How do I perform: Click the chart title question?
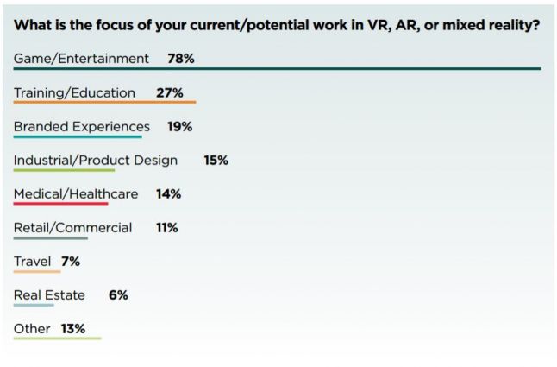coord(277,25)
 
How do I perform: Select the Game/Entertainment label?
coord(81,59)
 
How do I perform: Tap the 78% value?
coord(181,59)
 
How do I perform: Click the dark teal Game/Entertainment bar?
coord(277,69)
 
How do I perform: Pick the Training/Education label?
coord(74,92)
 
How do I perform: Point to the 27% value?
coord(170,92)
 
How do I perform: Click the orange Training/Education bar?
coord(104,103)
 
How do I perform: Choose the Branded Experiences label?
coord(82,126)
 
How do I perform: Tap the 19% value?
coord(179,126)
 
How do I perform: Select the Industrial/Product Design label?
coord(96,160)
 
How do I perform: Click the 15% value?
coord(216,160)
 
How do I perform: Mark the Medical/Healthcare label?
coord(76,193)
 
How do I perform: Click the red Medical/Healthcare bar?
coord(60,204)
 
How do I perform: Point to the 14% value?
coord(168,193)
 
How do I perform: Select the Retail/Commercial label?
coord(73,227)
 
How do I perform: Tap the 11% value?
coord(166,227)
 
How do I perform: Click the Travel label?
coord(33,261)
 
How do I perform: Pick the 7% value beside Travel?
coord(70,261)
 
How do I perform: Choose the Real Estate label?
coord(49,294)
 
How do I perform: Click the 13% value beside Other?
coord(73,328)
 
